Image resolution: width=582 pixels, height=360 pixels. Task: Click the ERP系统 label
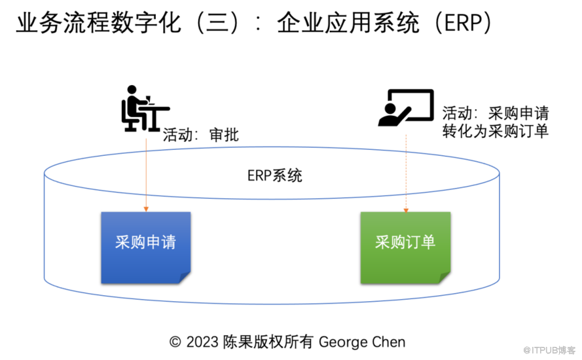(x=275, y=175)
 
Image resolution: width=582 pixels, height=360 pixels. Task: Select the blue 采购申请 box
(x=145, y=247)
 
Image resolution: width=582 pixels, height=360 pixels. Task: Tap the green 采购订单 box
(x=405, y=247)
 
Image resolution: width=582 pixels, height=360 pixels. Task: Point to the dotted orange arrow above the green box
(x=406, y=170)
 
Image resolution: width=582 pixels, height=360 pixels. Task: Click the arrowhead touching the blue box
(x=146, y=209)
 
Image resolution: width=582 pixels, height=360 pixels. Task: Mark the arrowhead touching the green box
(x=406, y=209)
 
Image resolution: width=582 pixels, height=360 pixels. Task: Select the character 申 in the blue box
(x=153, y=242)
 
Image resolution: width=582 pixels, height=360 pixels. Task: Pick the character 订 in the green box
(x=413, y=242)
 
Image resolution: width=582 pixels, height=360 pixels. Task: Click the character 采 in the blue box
(x=122, y=242)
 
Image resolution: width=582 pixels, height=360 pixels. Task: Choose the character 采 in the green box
(x=382, y=242)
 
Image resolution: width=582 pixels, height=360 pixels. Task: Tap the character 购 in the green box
(x=397, y=242)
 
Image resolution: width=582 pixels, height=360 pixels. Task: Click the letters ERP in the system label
(x=260, y=175)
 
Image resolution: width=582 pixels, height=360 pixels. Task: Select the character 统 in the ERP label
(x=295, y=175)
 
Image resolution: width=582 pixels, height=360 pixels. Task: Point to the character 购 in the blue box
(x=137, y=242)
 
